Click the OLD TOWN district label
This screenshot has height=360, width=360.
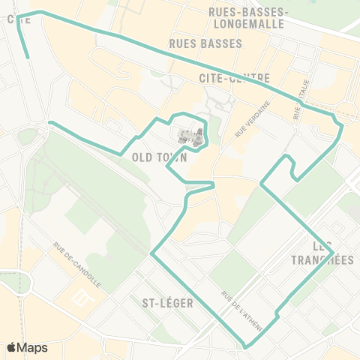click(x=158, y=157)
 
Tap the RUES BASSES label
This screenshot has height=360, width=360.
click(x=206, y=43)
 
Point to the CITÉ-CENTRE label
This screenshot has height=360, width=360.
click(x=235, y=77)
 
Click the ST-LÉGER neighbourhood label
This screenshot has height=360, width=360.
click(x=167, y=303)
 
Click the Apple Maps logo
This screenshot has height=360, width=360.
click(x=27, y=347)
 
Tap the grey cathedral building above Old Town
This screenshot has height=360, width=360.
click(x=190, y=136)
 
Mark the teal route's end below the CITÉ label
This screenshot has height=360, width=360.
click(x=28, y=57)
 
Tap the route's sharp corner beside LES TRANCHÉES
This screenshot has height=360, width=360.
click(x=332, y=253)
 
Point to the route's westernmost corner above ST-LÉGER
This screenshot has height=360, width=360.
click(x=151, y=253)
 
